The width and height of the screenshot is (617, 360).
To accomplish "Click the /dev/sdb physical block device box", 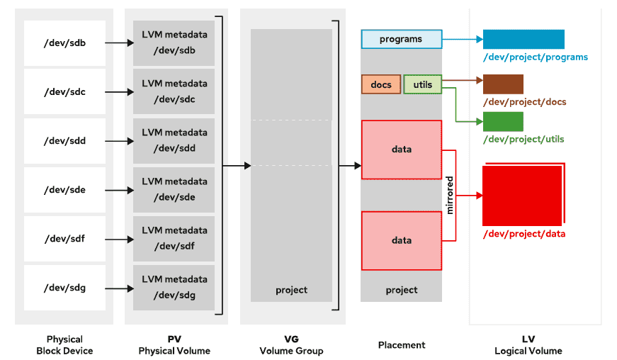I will click(64, 43).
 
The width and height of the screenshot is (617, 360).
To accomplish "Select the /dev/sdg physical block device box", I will click(64, 288).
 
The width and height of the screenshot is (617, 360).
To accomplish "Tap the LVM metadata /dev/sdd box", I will click(174, 140).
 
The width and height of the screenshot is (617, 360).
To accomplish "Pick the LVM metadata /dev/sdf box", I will click(174, 238).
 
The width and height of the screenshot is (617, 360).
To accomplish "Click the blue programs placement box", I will click(401, 39).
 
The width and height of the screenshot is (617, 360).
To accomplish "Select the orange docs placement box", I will click(381, 85).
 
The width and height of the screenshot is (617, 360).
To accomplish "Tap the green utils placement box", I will click(423, 85).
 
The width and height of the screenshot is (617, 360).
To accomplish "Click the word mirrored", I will click(449, 195).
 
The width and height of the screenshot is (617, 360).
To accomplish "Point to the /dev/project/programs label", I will click(536, 57).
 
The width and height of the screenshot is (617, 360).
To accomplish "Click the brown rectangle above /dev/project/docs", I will click(503, 84).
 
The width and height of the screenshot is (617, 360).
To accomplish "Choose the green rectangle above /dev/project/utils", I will click(503, 121).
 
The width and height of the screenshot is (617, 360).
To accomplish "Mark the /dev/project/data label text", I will click(524, 234).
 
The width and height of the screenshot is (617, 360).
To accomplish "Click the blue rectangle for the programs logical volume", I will click(523, 39).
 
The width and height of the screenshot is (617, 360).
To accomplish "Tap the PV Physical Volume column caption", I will click(174, 345).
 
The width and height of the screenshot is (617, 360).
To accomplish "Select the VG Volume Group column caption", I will click(291, 345).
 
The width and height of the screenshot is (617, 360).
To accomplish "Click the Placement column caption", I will click(402, 345).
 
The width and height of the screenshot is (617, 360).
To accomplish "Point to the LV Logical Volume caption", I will click(528, 345).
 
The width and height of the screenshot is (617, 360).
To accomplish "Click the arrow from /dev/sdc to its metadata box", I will click(119, 92).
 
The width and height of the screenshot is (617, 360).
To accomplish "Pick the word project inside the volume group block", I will click(291, 290).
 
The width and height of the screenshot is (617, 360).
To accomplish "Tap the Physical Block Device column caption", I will click(64, 345).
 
